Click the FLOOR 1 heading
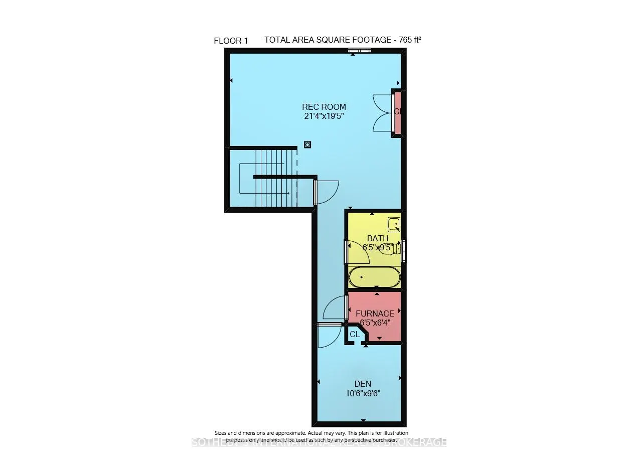[x=231, y=41]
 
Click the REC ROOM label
[x=324, y=107]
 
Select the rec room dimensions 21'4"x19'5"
[x=324, y=116]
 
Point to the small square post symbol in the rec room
[x=307, y=144]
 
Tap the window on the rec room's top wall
[x=360, y=50]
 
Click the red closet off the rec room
[x=397, y=112]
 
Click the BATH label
[x=377, y=238]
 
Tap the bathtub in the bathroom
[x=374, y=277]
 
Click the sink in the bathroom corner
[x=394, y=224]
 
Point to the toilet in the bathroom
[x=392, y=248]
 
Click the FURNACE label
[x=375, y=313]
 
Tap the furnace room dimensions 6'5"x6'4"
[x=375, y=323]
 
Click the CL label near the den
[x=355, y=334]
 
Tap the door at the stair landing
[x=326, y=191]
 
